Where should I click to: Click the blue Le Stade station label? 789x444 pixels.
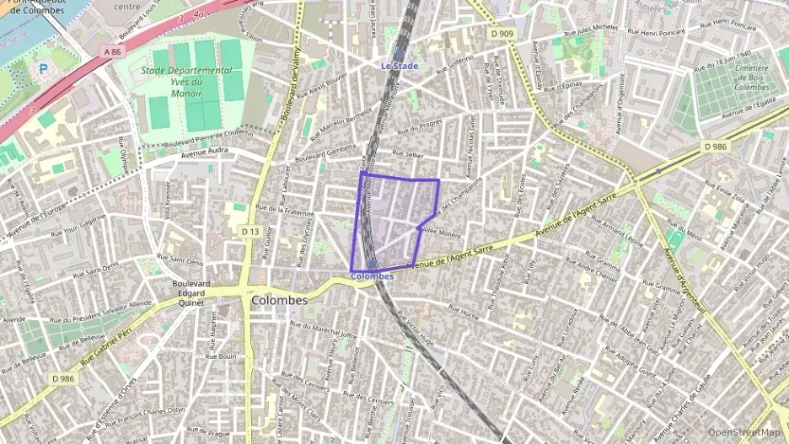click(x=400, y=65)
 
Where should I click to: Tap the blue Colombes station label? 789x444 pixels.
click(x=371, y=276)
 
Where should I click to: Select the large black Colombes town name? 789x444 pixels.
click(x=279, y=300)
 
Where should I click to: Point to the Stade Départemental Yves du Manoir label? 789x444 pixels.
click(x=186, y=83)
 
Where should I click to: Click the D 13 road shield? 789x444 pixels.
click(x=250, y=231)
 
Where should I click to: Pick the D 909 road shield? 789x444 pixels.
click(x=501, y=34)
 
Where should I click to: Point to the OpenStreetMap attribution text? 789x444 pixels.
click(x=743, y=432)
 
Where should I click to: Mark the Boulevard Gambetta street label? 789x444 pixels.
click(x=326, y=148)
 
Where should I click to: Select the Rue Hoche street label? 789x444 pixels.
click(x=464, y=312)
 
